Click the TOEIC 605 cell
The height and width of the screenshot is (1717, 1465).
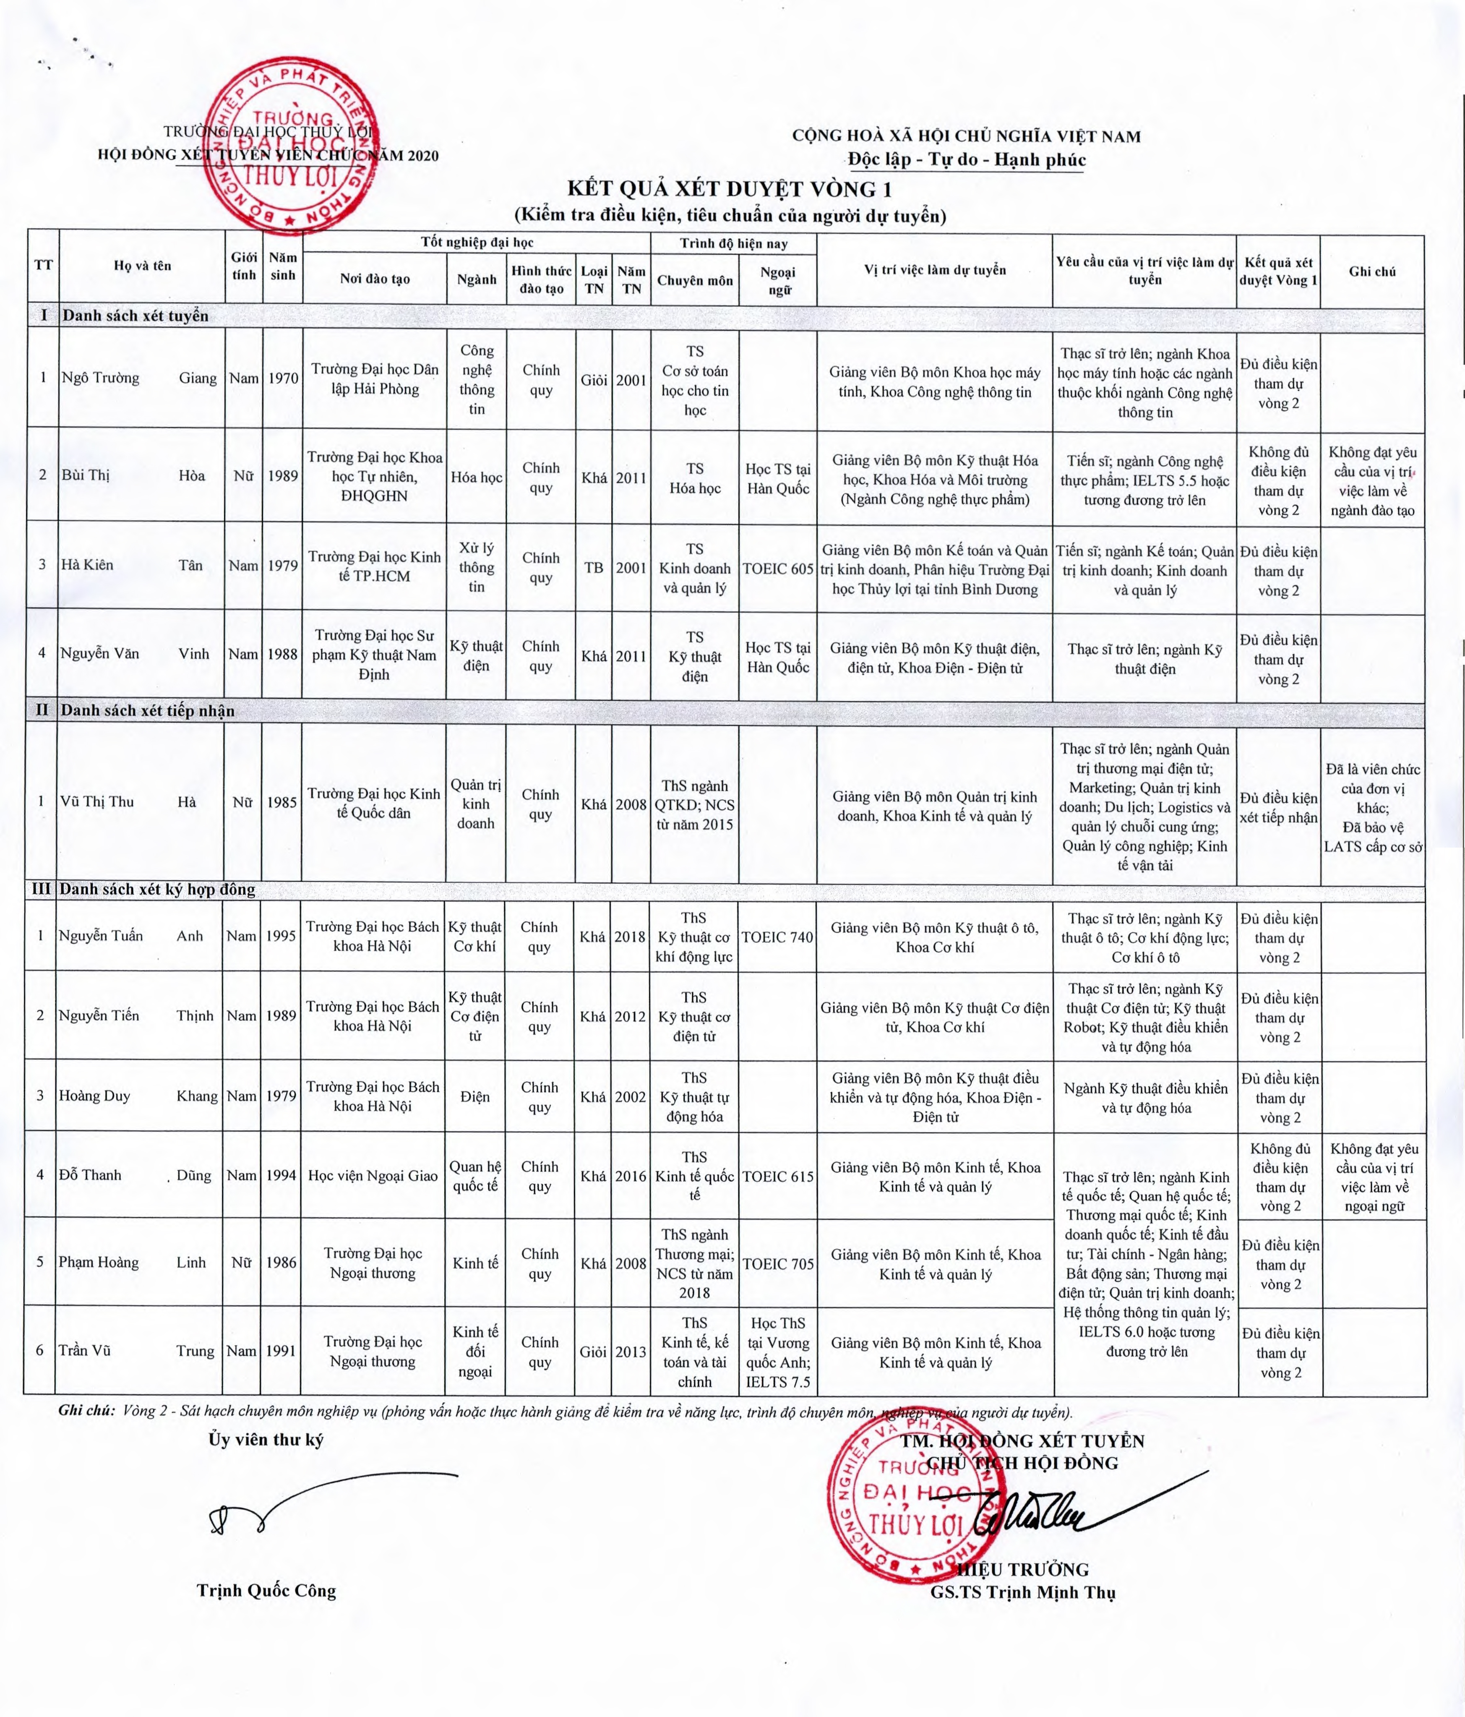coord(777,569)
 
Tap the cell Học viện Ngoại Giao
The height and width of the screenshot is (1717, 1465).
coord(373,1175)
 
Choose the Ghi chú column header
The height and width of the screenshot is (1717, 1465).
coord(1372,271)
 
